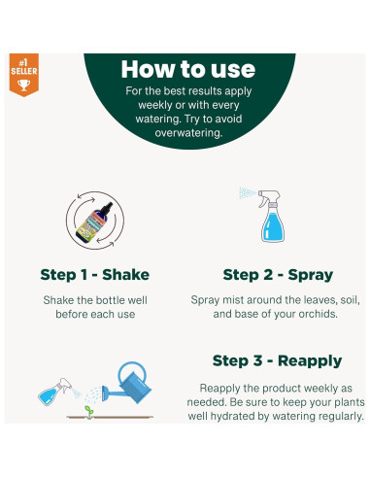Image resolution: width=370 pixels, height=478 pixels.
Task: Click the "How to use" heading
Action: point(188,68)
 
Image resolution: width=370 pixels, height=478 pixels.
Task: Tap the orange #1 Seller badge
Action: point(22,76)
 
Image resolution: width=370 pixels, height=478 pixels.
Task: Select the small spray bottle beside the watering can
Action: point(52,393)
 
